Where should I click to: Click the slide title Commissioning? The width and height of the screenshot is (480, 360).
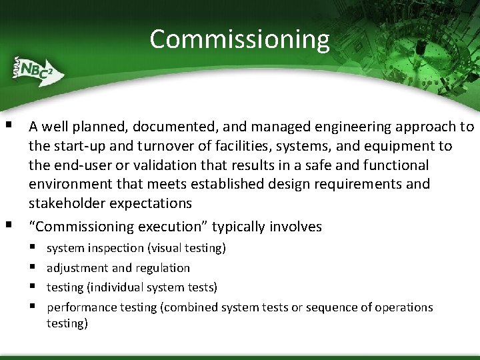coord(239,39)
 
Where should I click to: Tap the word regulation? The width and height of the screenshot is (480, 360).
coord(163,268)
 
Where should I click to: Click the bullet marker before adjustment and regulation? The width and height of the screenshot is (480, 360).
coord(32,268)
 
